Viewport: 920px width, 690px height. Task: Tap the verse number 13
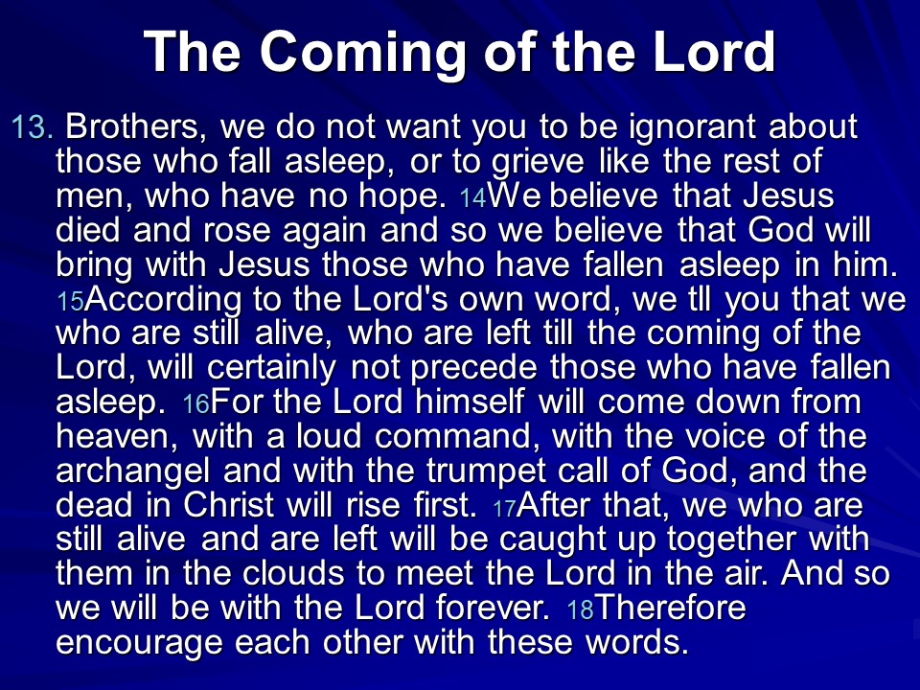pyautogui.click(x=32, y=127)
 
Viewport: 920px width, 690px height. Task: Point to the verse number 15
pyautogui.click(x=70, y=303)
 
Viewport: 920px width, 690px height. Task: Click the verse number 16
pyautogui.click(x=195, y=405)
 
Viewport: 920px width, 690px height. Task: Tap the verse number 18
pyautogui.click(x=581, y=610)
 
